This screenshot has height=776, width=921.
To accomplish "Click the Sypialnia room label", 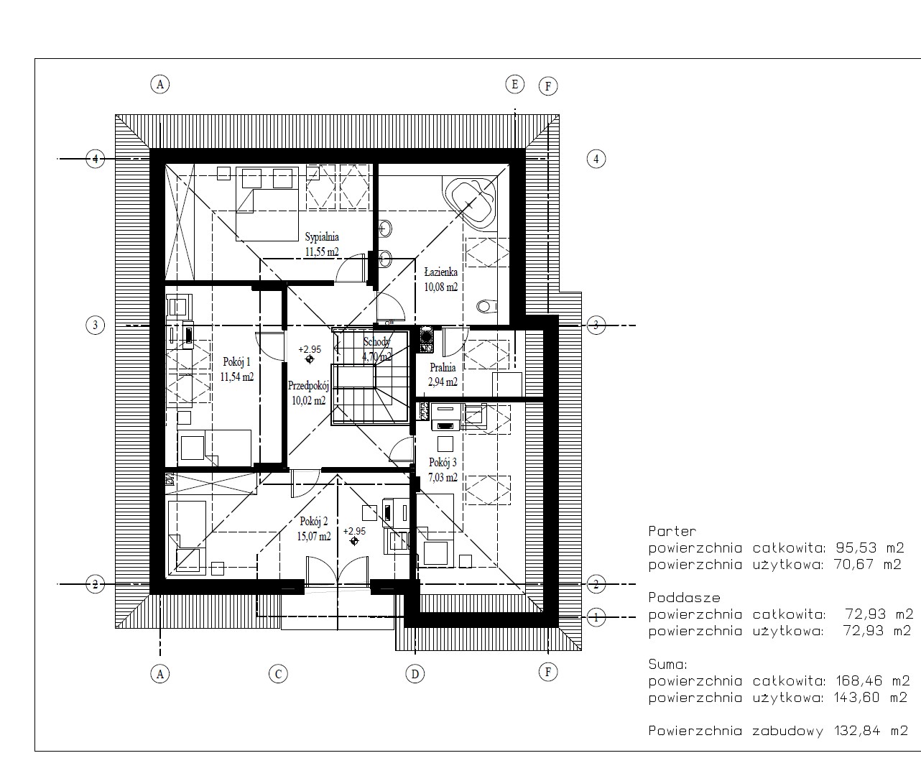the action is pyautogui.click(x=322, y=237).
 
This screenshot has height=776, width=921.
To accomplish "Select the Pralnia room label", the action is pyautogui.click(x=443, y=367).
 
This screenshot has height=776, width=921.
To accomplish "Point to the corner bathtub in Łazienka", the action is pyautogui.click(x=470, y=203).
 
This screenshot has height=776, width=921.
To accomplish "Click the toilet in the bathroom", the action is pyautogui.click(x=487, y=305).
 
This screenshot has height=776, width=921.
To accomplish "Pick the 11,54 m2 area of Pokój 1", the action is pyautogui.click(x=237, y=377).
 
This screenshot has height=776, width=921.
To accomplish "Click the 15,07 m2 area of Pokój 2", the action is pyautogui.click(x=314, y=537).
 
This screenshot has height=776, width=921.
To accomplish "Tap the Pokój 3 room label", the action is pyautogui.click(x=443, y=462).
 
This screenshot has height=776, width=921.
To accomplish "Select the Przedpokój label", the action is pyautogui.click(x=308, y=386).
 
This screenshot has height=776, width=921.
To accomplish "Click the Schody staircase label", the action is pyautogui.click(x=376, y=341).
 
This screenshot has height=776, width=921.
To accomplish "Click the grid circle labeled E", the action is pyautogui.click(x=515, y=84).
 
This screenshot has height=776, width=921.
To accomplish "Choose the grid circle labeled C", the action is pyautogui.click(x=278, y=674).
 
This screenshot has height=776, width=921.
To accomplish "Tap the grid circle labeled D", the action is pyautogui.click(x=415, y=674).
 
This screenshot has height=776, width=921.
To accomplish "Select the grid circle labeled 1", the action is pyautogui.click(x=596, y=617).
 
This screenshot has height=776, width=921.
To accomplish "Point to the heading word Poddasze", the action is pyautogui.click(x=684, y=598).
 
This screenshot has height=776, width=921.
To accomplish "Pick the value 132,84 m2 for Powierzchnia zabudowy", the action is pyautogui.click(x=871, y=731).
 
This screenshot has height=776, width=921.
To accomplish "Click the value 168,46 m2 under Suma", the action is pyautogui.click(x=873, y=680).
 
